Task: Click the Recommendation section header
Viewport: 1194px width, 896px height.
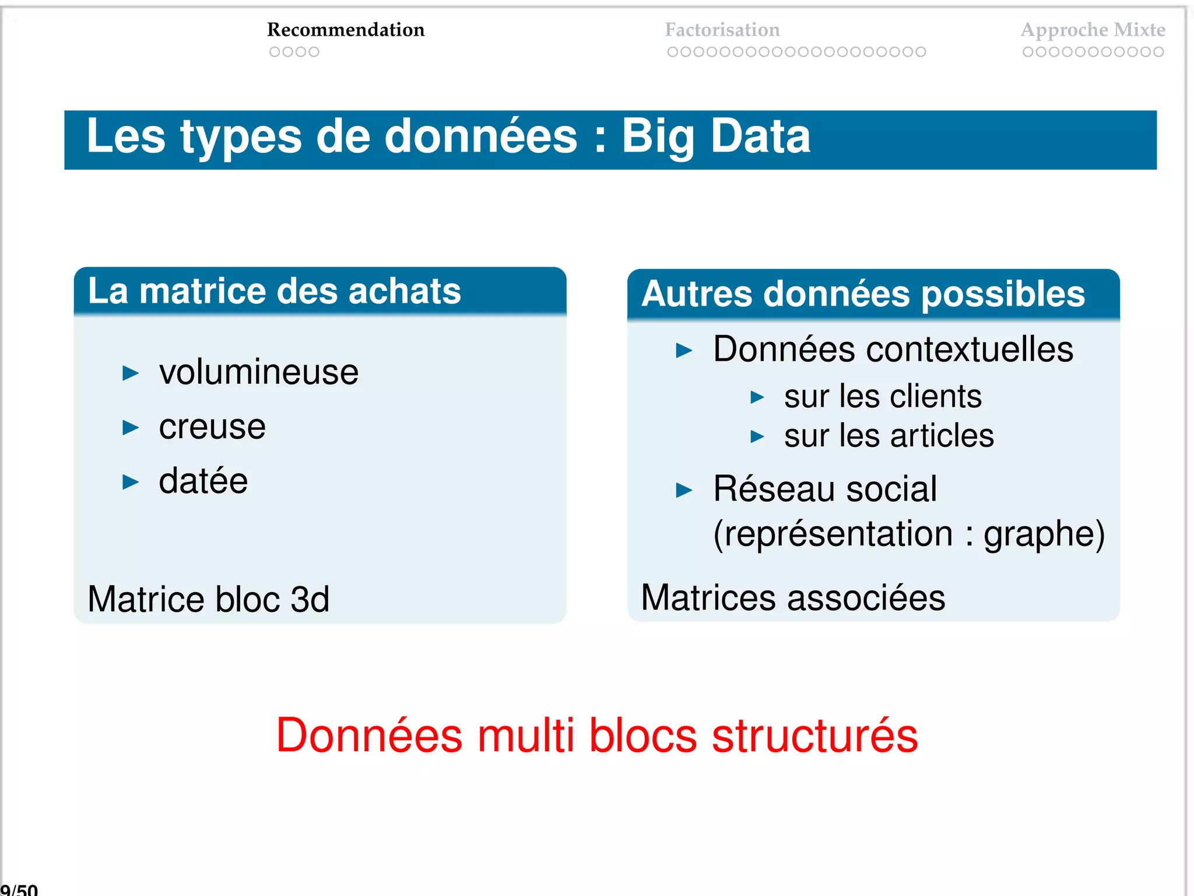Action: (346, 30)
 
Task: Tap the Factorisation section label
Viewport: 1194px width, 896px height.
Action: (722, 30)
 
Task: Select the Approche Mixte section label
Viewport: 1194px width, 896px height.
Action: (1093, 30)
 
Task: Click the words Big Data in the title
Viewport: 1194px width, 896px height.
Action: (715, 136)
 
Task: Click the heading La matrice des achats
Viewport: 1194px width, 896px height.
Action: (274, 291)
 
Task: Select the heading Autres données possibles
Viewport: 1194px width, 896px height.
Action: (863, 293)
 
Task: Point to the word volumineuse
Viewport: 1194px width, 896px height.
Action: (258, 372)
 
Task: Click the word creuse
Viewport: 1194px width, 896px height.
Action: (212, 426)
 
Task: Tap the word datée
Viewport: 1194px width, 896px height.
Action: (203, 481)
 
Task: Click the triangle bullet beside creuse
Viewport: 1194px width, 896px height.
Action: (131, 428)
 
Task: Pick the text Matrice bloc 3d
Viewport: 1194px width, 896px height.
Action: (208, 599)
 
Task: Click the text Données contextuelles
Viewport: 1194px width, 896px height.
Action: (893, 349)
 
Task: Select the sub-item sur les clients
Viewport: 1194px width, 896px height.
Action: (882, 397)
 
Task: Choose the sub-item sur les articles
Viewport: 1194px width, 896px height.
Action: (889, 436)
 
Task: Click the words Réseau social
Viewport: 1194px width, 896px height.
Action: (824, 489)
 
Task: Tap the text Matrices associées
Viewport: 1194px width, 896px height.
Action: (793, 598)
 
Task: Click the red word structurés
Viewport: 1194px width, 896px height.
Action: (814, 736)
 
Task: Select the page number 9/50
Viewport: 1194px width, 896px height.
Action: (19, 890)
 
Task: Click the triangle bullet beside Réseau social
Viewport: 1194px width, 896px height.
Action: (684, 490)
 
